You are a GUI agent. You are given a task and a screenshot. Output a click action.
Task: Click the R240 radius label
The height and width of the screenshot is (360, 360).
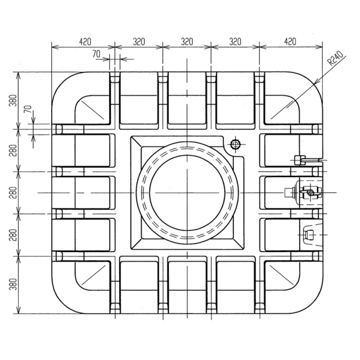(x=335, y=58)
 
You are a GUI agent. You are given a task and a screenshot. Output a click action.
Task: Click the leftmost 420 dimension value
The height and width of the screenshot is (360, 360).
(x=85, y=42)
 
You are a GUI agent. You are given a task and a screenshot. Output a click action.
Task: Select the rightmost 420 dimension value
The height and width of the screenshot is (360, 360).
(x=290, y=42)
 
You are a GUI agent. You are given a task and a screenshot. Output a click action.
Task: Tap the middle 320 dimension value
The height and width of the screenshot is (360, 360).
(x=187, y=42)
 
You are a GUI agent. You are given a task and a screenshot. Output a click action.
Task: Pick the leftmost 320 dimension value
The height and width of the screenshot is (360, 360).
(x=139, y=42)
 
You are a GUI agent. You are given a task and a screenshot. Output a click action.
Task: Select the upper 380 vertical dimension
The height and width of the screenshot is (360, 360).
(x=13, y=100)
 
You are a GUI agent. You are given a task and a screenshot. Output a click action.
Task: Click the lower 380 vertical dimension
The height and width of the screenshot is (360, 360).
(x=13, y=284)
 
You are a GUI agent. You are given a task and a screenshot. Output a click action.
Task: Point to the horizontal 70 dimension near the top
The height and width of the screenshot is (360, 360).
(x=97, y=54)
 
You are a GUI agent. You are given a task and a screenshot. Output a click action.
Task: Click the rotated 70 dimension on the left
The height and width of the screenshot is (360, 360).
(x=28, y=109)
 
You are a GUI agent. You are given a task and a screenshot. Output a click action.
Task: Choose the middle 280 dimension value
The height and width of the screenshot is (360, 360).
(x=13, y=193)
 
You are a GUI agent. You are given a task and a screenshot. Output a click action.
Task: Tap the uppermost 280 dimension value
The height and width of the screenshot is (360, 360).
(x=13, y=150)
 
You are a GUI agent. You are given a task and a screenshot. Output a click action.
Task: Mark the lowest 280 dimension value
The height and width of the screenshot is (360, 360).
(x=13, y=235)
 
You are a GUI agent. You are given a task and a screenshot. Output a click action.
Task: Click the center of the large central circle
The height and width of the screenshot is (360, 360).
(x=187, y=192)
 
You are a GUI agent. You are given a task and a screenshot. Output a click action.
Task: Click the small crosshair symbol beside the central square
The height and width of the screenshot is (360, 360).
(x=235, y=145)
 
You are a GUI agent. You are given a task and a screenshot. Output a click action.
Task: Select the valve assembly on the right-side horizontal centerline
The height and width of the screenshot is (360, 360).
(x=303, y=192)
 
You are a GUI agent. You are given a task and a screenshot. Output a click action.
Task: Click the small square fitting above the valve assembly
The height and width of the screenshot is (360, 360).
(x=300, y=160)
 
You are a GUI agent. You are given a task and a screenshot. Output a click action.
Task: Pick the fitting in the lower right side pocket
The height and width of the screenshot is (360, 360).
(x=309, y=235)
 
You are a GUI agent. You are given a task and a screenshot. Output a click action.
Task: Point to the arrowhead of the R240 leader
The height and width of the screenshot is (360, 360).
(x=316, y=82)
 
